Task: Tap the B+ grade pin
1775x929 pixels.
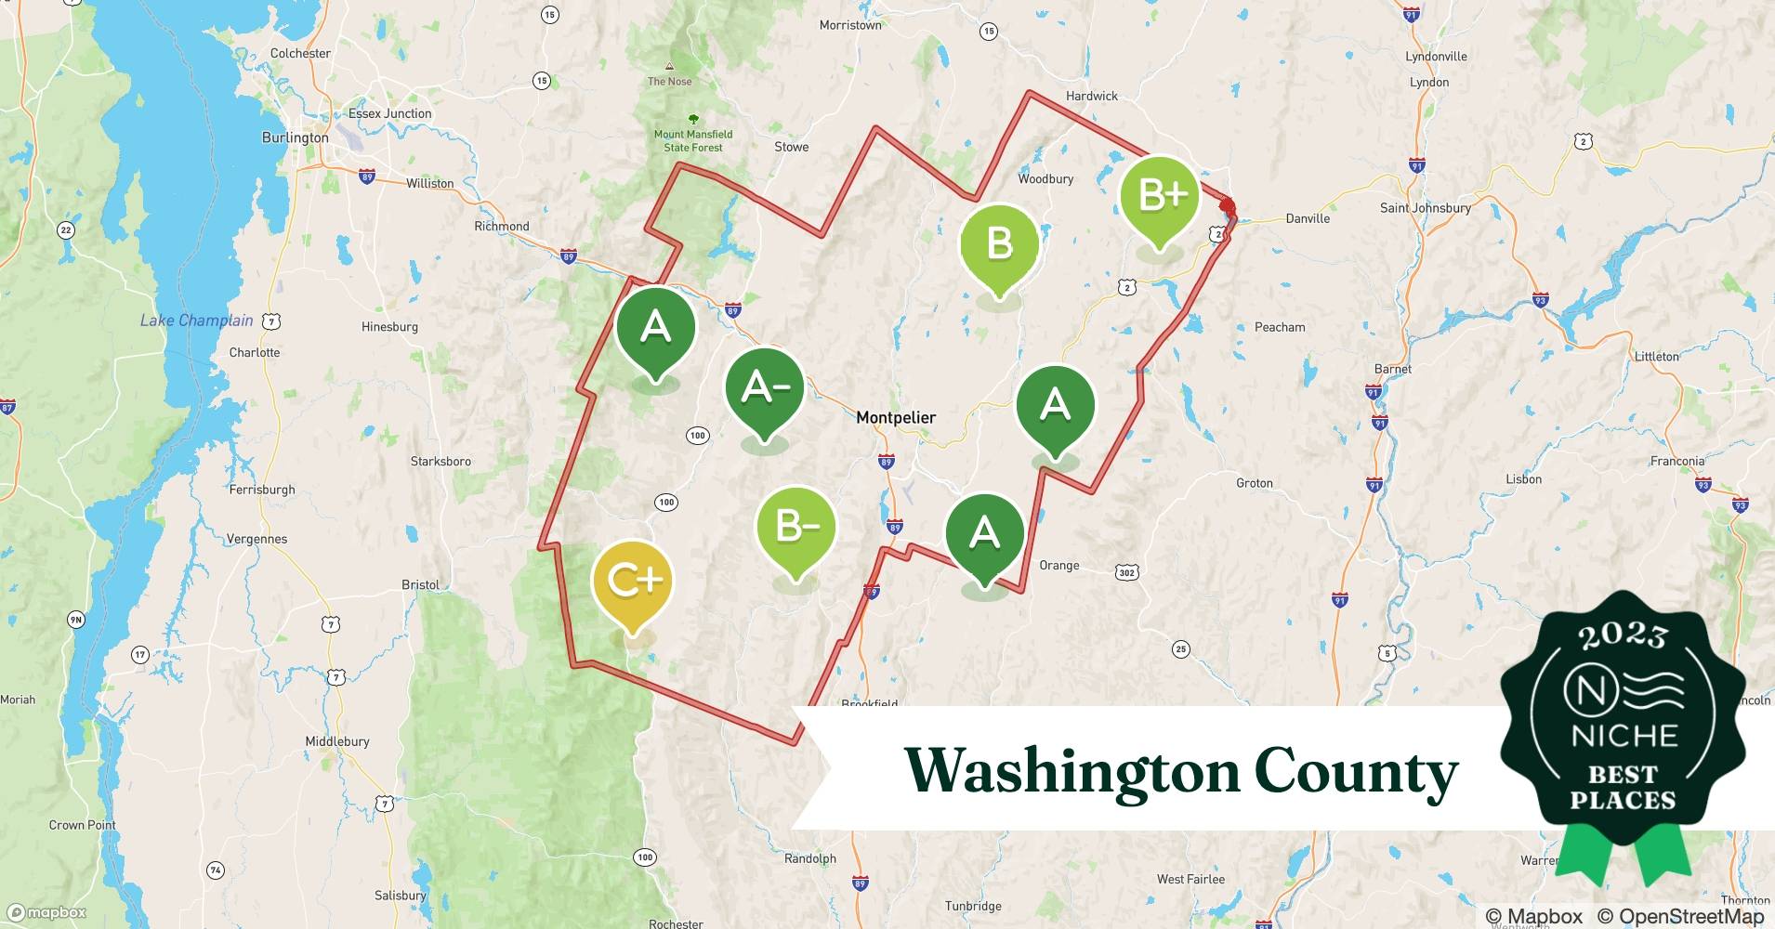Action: [1158, 197]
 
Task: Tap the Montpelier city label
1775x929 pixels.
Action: [895, 418]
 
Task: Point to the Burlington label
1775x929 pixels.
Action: [295, 137]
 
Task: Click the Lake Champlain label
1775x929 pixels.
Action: [196, 321]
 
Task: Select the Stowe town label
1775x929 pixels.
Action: [791, 147]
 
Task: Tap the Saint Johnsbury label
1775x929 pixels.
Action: [1425, 208]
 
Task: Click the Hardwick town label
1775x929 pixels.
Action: [1091, 96]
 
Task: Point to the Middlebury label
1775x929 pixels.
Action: [337, 741]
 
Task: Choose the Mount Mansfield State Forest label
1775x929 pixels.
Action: [693, 140]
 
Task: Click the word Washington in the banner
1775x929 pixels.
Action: [1072, 771]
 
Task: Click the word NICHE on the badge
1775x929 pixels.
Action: [1624, 736]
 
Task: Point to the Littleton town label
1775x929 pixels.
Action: [1657, 357]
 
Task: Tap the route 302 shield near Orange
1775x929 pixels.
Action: [1126, 572]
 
